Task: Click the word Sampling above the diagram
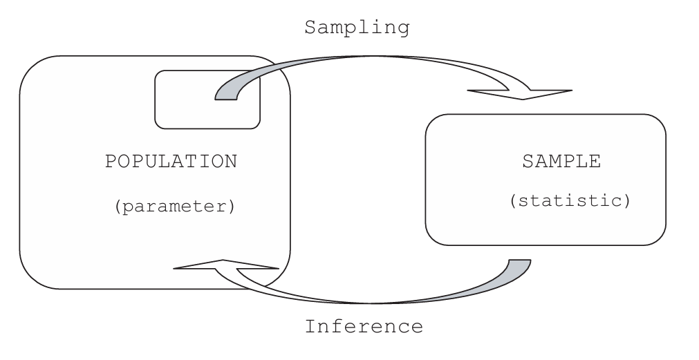click(x=357, y=28)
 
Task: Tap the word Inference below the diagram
click(x=364, y=325)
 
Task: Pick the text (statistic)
click(x=569, y=202)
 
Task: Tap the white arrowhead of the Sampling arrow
click(x=520, y=93)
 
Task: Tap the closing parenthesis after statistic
click(x=626, y=202)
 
